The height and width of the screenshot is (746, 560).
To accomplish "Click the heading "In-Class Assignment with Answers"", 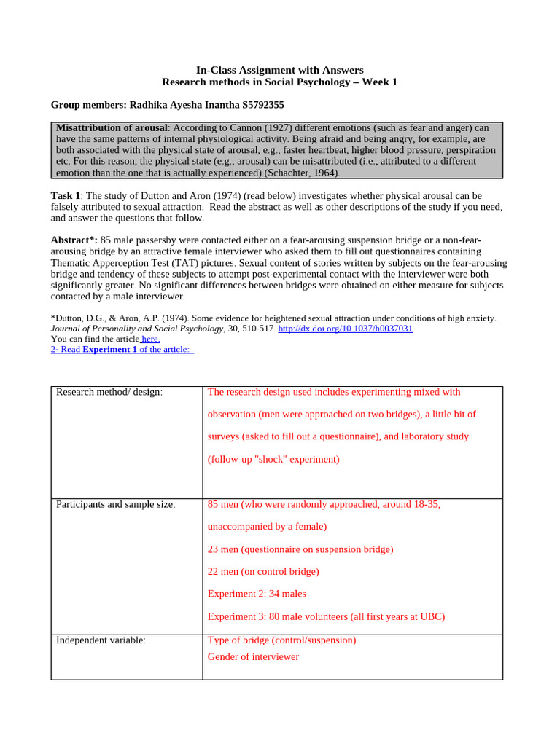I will point(280,70).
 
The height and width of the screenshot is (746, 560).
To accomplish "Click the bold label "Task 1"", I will point(66,195).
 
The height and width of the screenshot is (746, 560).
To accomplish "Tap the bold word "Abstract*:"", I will point(74,240).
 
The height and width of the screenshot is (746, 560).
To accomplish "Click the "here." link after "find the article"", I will point(150,339).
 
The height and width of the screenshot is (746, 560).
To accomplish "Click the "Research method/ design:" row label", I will point(109,393).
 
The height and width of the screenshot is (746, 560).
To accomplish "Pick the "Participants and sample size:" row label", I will point(116,505).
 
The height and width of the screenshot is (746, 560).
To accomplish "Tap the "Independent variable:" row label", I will point(101,640).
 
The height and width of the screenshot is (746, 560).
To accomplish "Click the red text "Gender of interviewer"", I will point(253,656).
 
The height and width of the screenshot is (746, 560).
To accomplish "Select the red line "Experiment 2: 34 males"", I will point(257,594).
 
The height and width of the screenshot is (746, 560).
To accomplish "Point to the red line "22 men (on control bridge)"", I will point(263,571).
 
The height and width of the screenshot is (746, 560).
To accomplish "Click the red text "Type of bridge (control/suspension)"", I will point(281,640).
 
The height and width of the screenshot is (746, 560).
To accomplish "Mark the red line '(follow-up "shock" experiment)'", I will point(273,459).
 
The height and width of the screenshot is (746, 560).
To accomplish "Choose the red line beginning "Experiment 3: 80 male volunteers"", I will point(326,616).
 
